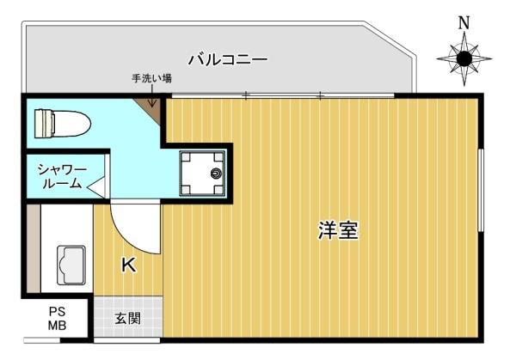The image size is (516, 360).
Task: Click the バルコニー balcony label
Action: pos(228,59)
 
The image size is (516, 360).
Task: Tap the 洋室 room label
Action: pos(338,230)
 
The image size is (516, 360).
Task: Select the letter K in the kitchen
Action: pos(129,265)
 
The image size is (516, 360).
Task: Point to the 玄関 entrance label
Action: pos(127,318)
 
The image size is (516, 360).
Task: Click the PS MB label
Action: pos(58,318)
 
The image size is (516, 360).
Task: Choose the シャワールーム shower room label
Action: pos(62,176)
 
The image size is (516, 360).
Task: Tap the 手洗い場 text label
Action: pos(151,78)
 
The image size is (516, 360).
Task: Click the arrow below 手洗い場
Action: pos(152,95)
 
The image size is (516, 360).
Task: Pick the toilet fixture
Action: pos(63,124)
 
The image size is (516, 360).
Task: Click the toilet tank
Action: pos(44,124)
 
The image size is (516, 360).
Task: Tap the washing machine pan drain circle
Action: pos(216,174)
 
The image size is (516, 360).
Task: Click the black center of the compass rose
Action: pos(464,58)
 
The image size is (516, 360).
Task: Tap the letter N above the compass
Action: pos(464,22)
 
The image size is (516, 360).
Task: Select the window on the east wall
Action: pos(481,190)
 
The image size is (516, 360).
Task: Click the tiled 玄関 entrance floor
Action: pos(128,317)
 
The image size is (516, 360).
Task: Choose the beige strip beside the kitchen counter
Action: pos(34,248)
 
